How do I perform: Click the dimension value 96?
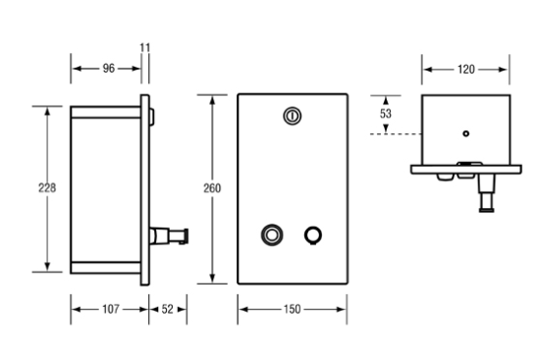(x=109, y=69)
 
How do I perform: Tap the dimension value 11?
(x=145, y=47)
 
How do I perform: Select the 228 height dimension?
(x=47, y=188)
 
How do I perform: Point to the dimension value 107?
(x=111, y=309)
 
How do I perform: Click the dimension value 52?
(x=167, y=309)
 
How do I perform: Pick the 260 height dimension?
(x=212, y=188)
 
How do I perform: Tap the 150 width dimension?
(x=293, y=309)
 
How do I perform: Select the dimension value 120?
(x=466, y=70)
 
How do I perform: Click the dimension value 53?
(x=386, y=113)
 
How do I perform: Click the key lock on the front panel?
(x=293, y=116)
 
